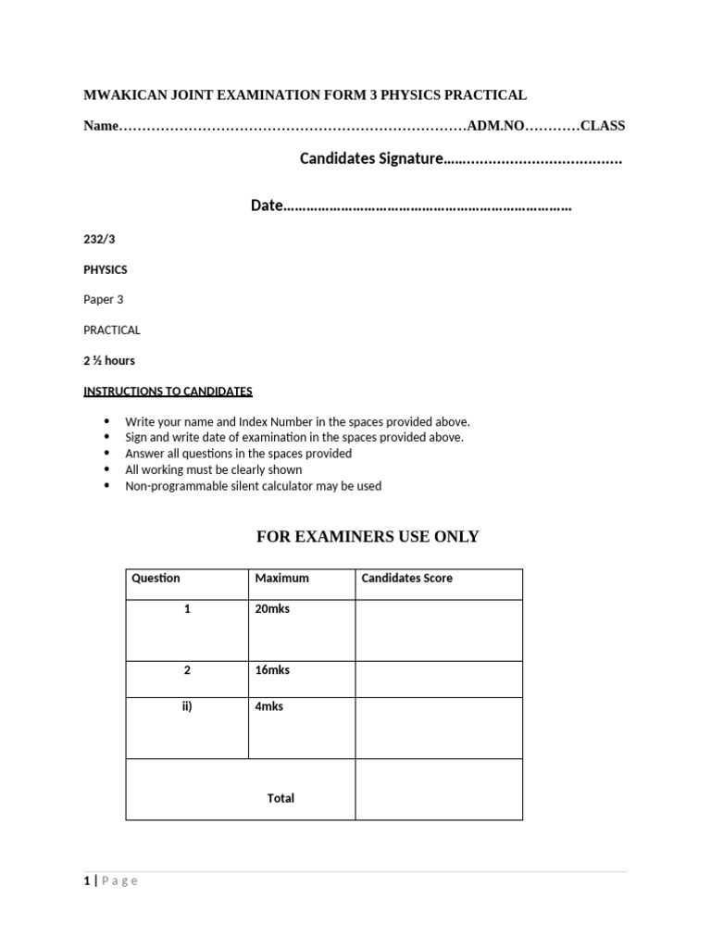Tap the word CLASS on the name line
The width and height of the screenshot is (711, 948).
(602, 126)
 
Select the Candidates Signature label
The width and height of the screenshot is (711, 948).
(371, 159)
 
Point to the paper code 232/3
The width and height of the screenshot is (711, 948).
(99, 239)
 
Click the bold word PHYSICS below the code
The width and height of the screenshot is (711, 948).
(106, 269)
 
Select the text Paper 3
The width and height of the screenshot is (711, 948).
(103, 299)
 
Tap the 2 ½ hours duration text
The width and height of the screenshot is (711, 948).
(109, 360)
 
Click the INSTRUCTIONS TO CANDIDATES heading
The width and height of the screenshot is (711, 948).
(168, 391)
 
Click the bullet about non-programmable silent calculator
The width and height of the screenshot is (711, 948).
(253, 486)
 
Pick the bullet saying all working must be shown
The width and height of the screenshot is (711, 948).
(213, 469)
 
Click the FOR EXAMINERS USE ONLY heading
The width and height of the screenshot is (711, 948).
(367, 537)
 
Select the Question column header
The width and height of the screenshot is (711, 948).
(156, 579)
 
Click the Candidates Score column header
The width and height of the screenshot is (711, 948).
(406, 579)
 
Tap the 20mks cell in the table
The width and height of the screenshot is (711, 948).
(272, 609)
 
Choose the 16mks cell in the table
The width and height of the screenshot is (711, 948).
(272, 670)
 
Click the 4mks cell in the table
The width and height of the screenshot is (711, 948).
(269, 706)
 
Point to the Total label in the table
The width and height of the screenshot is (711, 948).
(281, 798)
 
